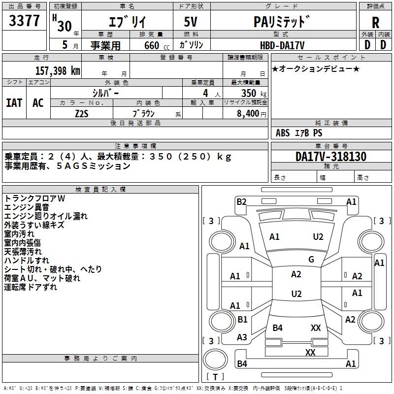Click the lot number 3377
point(24,21)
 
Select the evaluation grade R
point(375,23)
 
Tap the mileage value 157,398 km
point(58,71)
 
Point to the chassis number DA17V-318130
point(331,156)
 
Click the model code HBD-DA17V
point(282,45)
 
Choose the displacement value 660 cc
point(157,45)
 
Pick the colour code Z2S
point(82,114)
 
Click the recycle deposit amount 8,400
point(248,114)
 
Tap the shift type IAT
point(14,103)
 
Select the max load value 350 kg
point(254,93)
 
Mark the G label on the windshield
point(311,259)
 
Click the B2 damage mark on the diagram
point(241,202)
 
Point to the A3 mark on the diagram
point(242,337)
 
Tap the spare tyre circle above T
point(215,360)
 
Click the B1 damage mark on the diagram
point(242,319)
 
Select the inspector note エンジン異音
point(27,207)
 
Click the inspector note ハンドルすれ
point(27,261)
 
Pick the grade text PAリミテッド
point(282,22)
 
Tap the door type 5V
point(191,22)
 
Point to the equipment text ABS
point(283,133)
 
